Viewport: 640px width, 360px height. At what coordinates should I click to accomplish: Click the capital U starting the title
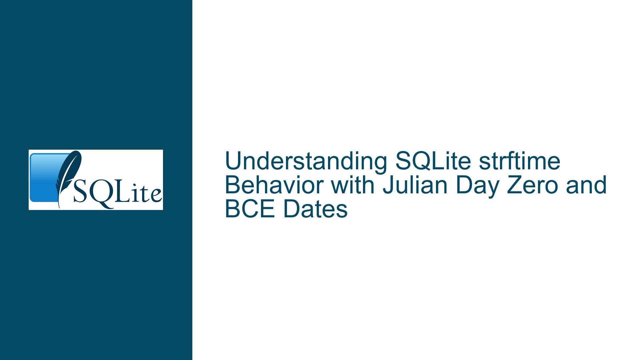pyautogui.click(x=234, y=161)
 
